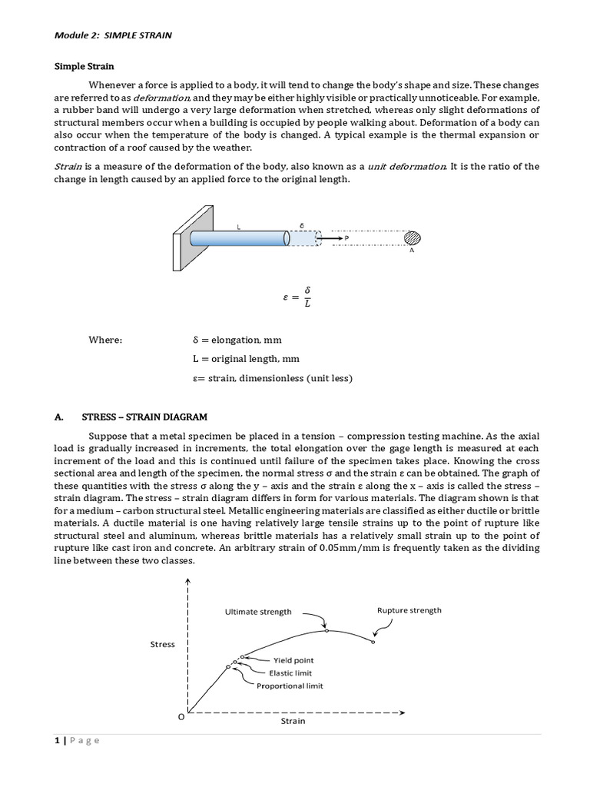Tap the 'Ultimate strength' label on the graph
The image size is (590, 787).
point(257,612)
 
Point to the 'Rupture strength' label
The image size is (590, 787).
point(409,610)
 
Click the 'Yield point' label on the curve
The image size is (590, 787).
point(293,660)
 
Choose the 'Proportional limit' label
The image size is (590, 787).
point(290,686)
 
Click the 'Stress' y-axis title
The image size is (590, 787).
point(162,644)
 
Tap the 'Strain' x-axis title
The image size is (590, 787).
point(292,721)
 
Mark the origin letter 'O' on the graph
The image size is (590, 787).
point(181,716)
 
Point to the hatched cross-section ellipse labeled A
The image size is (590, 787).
point(413,238)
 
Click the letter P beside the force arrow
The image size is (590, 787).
point(346,239)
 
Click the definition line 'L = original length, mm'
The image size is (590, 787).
point(246,358)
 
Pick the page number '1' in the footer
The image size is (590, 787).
point(57,740)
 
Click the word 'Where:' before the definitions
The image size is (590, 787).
point(104,340)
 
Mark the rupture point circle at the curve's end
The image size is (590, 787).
point(373,642)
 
